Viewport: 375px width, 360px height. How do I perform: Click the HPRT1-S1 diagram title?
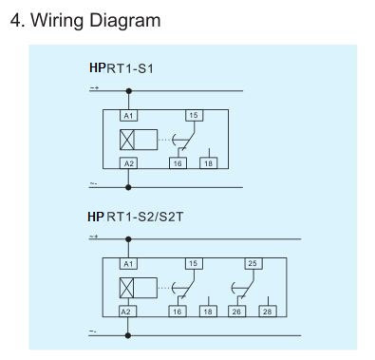click(x=122, y=68)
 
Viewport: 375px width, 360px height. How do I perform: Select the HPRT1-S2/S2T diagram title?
click(x=136, y=217)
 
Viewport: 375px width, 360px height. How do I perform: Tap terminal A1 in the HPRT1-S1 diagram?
click(x=128, y=116)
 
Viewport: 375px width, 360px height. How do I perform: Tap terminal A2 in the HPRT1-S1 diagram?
click(x=128, y=163)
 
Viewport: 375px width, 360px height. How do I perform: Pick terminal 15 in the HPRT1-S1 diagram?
click(x=194, y=116)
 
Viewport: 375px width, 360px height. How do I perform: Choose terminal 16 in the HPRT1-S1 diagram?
click(x=178, y=163)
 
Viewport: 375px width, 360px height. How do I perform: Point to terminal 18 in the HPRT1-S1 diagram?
click(x=209, y=163)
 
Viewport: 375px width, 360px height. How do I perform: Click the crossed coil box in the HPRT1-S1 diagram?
click(x=127, y=140)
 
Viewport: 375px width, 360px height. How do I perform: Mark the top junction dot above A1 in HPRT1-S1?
click(x=128, y=91)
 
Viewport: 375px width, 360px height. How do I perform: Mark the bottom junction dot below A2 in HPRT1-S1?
click(x=128, y=187)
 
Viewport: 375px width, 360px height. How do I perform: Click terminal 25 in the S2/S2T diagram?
click(x=253, y=264)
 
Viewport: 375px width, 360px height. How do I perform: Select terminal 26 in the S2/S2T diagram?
click(x=236, y=312)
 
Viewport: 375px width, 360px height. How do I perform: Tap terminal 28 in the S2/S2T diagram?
click(x=268, y=312)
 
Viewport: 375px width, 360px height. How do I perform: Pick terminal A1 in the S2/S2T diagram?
click(x=128, y=264)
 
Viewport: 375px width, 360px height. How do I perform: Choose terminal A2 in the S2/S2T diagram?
click(x=128, y=312)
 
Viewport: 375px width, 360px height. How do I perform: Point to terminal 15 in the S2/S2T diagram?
click(x=194, y=264)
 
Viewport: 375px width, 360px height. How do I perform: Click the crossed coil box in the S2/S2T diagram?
click(x=126, y=288)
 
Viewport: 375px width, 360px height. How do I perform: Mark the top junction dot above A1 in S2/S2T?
click(x=128, y=239)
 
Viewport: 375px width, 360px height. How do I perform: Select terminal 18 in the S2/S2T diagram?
click(x=208, y=312)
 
